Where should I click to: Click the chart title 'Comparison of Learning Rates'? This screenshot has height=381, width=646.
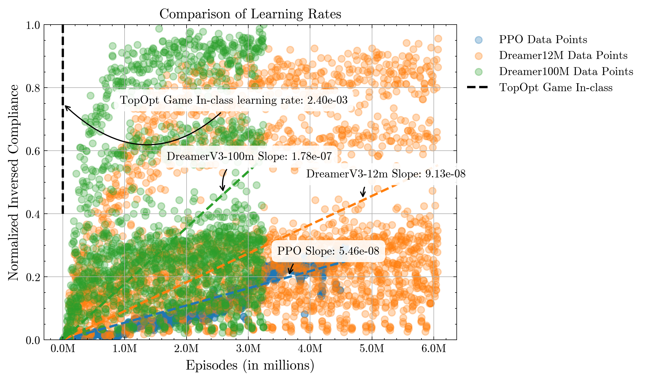click(x=250, y=14)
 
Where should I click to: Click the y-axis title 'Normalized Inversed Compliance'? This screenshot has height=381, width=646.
click(x=14, y=182)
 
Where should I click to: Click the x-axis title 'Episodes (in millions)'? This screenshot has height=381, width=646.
click(x=250, y=365)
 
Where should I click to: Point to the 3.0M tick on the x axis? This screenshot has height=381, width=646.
click(x=248, y=340)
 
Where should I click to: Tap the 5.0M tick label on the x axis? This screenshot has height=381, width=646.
click(x=372, y=349)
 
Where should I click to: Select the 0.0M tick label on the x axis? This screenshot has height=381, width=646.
click(x=63, y=349)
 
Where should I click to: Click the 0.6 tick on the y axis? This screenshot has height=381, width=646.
click(x=44, y=151)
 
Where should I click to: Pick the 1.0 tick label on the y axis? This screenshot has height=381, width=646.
click(x=33, y=25)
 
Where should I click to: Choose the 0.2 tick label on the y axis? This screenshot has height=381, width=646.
click(x=33, y=277)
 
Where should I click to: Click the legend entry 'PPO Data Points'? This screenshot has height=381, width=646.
click(x=543, y=40)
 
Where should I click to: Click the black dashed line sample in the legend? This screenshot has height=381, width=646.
click(x=477, y=87)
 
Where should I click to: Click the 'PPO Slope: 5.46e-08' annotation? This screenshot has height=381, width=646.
click(x=328, y=251)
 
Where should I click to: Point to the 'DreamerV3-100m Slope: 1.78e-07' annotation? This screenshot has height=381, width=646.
click(x=249, y=156)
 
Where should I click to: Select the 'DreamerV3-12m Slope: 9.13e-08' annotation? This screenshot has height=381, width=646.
click(x=386, y=174)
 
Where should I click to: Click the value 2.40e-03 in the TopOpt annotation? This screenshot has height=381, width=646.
click(x=327, y=100)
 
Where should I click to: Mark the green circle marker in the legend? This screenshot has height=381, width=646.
click(x=479, y=72)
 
